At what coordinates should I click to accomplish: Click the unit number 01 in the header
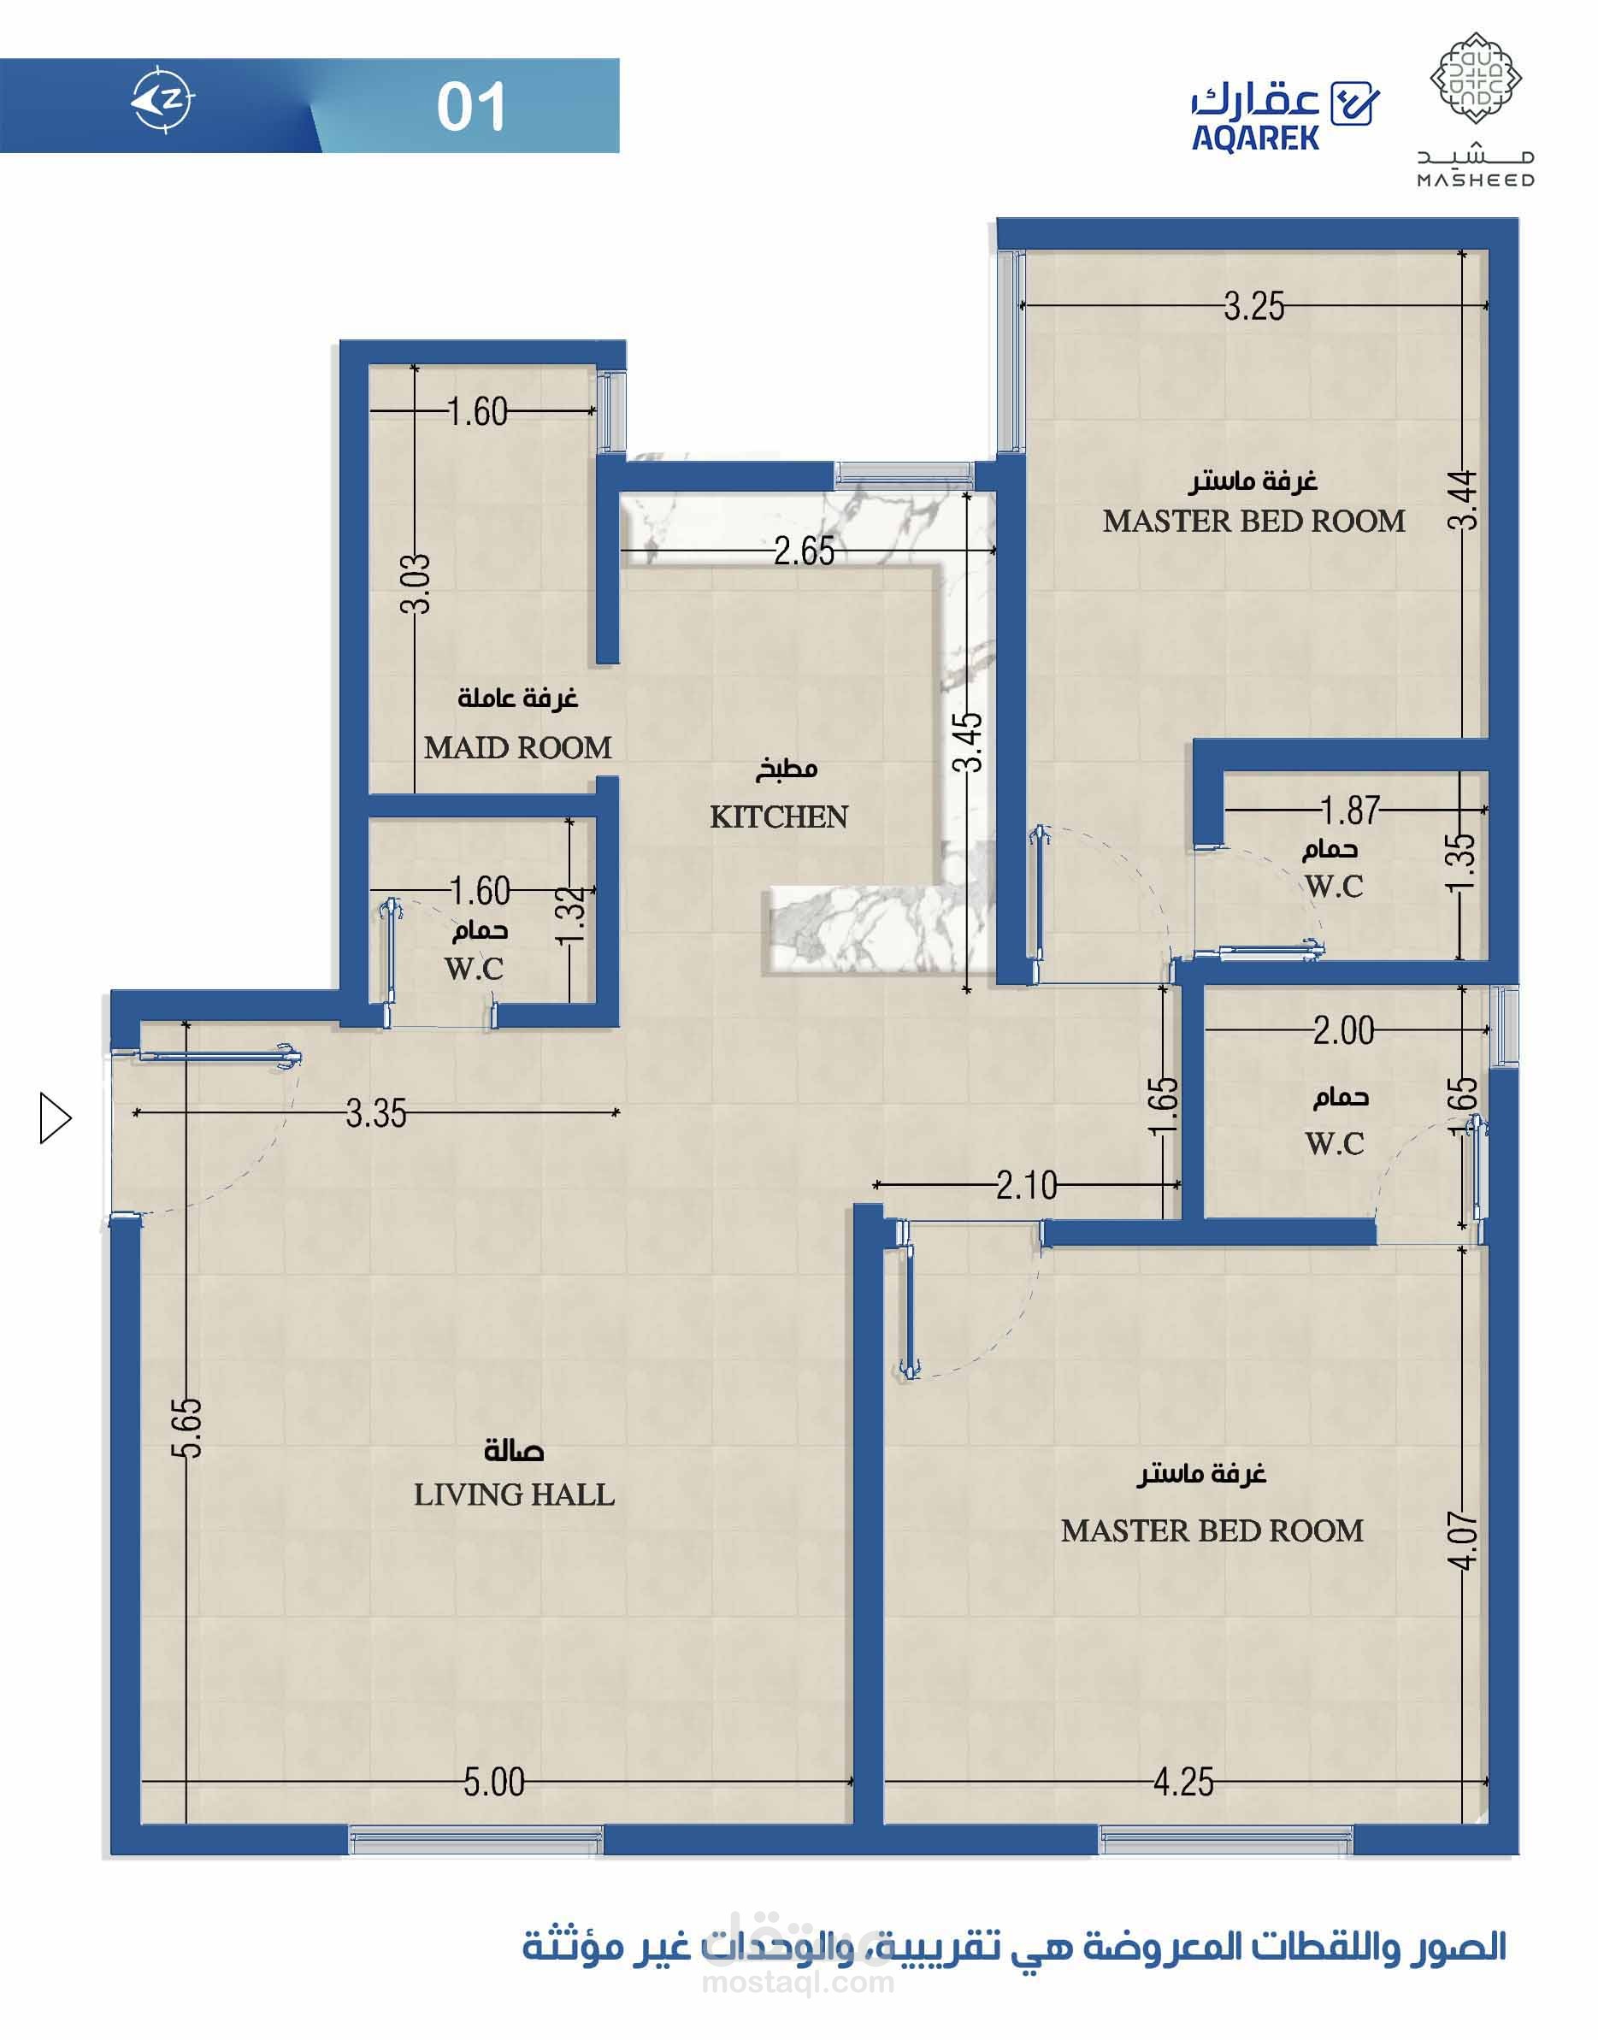[472, 107]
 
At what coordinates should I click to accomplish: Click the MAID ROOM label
[517, 747]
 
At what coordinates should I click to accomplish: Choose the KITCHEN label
[778, 817]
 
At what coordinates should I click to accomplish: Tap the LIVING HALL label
[514, 1495]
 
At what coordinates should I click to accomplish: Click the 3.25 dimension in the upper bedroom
[1253, 307]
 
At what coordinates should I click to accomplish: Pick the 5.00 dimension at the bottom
[494, 1783]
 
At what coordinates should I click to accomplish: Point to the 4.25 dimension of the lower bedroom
[1183, 1783]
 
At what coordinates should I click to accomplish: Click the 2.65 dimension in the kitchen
[804, 551]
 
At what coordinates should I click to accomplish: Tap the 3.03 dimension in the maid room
[415, 584]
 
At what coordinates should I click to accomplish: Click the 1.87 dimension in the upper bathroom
[1350, 810]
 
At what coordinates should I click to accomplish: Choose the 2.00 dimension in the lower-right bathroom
[1343, 1032]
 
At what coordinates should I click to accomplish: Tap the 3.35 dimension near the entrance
[376, 1114]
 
